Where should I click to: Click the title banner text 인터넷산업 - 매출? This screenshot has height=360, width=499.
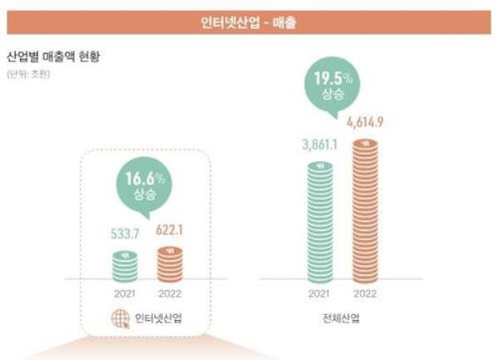click(x=249, y=22)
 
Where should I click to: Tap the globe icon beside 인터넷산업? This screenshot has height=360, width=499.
click(x=120, y=319)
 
